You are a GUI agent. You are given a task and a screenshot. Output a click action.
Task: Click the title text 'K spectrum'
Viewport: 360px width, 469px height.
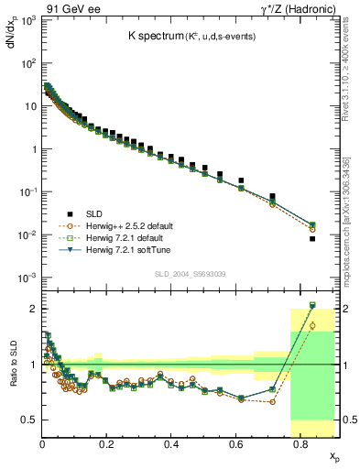coord(158,36)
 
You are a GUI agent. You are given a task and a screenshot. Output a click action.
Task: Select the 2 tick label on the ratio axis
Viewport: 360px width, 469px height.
coord(33,309)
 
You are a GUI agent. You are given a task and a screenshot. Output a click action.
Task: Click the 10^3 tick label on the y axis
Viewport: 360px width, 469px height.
coord(27,21)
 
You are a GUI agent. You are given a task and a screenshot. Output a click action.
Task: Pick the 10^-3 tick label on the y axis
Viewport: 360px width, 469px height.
coord(27,278)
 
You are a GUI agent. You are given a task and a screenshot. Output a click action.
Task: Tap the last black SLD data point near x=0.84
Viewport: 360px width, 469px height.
coord(312,239)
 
